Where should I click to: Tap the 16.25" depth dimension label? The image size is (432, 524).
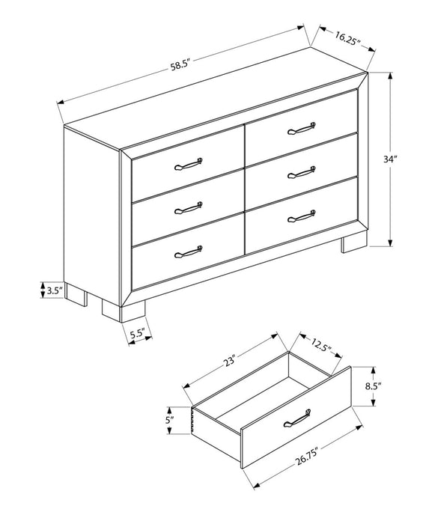click(344, 37)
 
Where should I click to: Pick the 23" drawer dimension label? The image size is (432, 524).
click(228, 361)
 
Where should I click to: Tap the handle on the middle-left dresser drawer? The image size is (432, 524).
click(189, 206)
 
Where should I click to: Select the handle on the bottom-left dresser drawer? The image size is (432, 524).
click(189, 252)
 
